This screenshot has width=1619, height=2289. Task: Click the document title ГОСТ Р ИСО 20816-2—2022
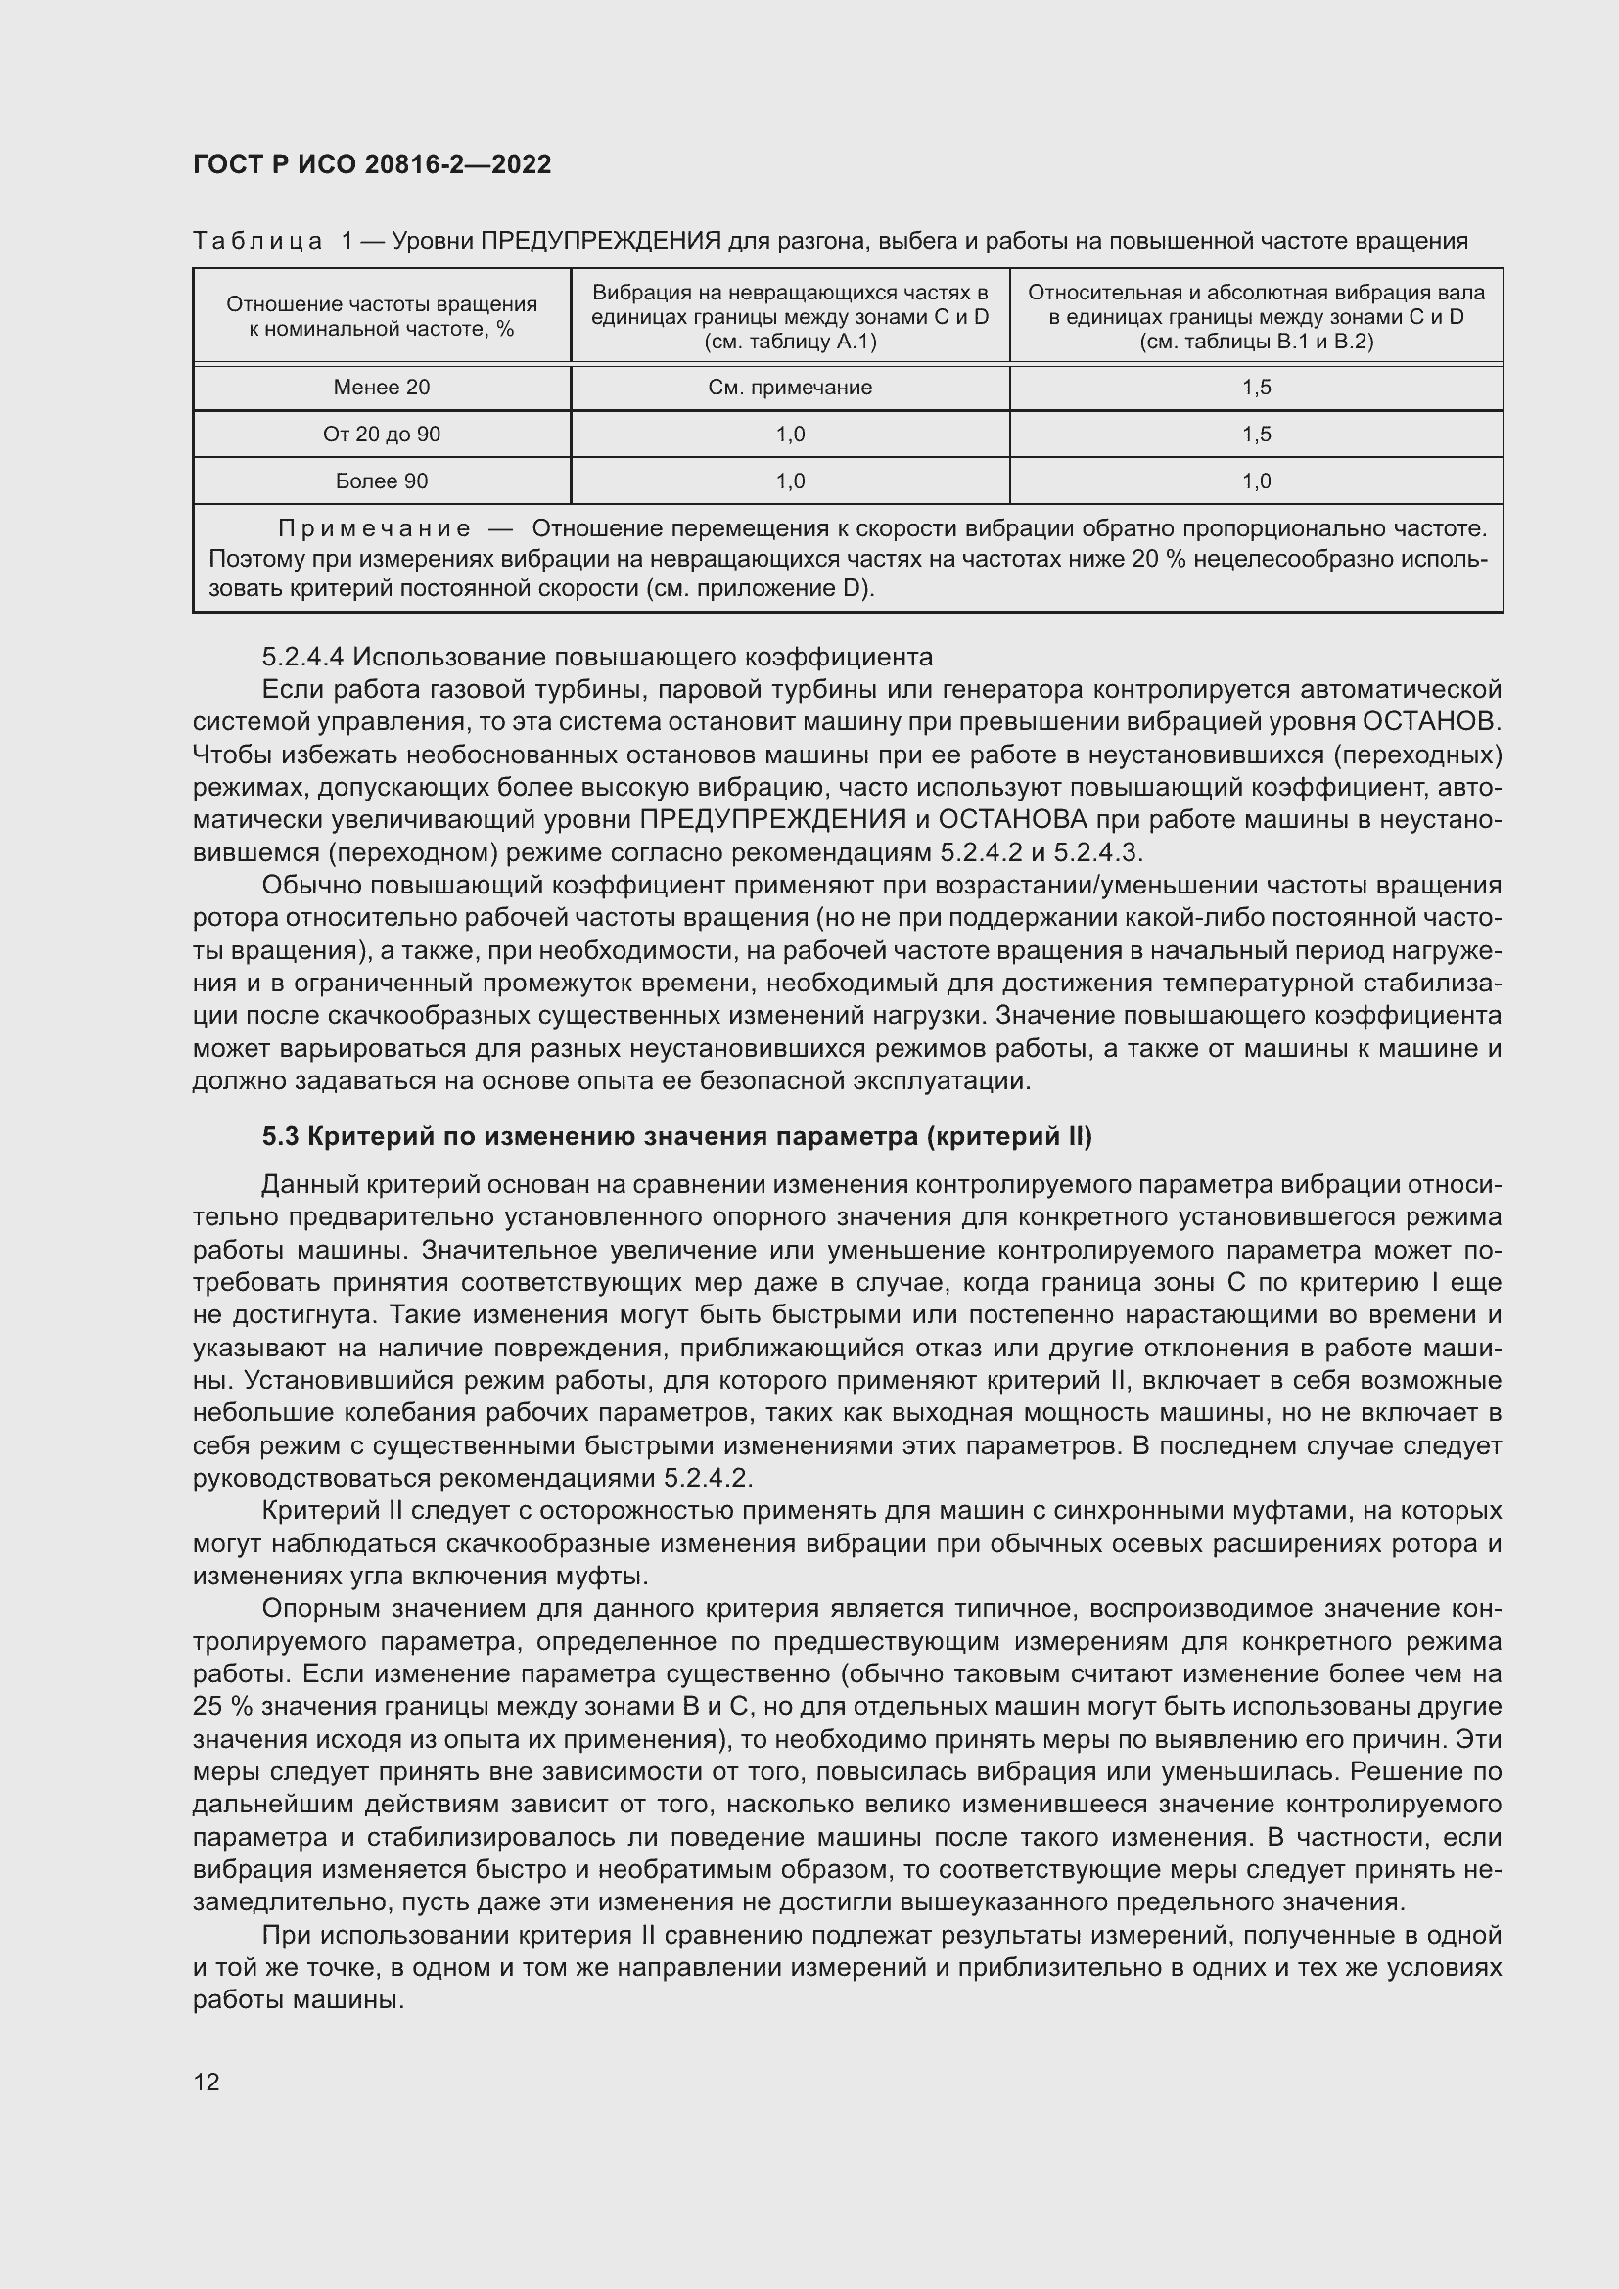pos(372,164)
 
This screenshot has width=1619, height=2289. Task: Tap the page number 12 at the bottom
pos(207,2082)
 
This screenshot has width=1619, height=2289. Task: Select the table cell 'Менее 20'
pos(381,388)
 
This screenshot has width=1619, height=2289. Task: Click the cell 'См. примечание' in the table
pos(790,388)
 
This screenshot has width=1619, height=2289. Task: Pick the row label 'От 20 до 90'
pos(381,435)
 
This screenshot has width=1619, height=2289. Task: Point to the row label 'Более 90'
pos(381,481)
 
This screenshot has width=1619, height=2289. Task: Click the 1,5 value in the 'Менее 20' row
pos(1256,388)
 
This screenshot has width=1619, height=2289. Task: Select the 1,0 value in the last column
pos(1256,481)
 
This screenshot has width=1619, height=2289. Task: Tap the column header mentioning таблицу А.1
pos(790,317)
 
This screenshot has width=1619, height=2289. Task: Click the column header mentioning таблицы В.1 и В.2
pos(1256,317)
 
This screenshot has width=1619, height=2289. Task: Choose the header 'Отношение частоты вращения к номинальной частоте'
pos(381,317)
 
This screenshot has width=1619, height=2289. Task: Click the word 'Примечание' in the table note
pos(374,528)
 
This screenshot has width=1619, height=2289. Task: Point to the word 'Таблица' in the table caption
pos(257,242)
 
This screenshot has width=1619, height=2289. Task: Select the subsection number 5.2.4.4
pos(303,658)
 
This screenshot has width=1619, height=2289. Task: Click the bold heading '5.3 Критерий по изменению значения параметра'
pos(677,1136)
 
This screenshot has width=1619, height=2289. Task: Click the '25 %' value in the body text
pos(221,1707)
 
